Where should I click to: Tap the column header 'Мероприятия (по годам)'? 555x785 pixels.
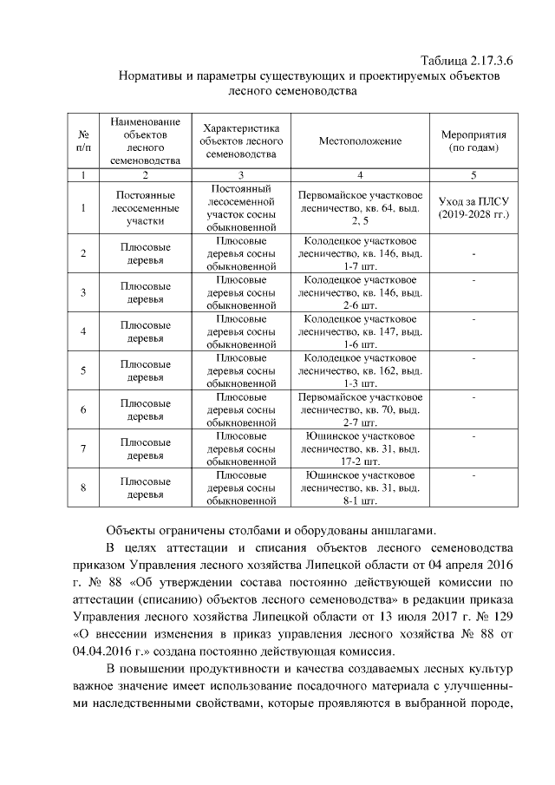click(473, 141)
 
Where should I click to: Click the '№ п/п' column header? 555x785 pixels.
click(83, 141)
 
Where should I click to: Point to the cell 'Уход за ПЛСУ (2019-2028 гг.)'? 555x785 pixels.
click(473, 207)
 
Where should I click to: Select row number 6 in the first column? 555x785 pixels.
click(83, 409)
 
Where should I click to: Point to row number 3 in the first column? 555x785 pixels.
click(83, 292)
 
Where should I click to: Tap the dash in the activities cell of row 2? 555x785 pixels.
click(473, 253)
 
